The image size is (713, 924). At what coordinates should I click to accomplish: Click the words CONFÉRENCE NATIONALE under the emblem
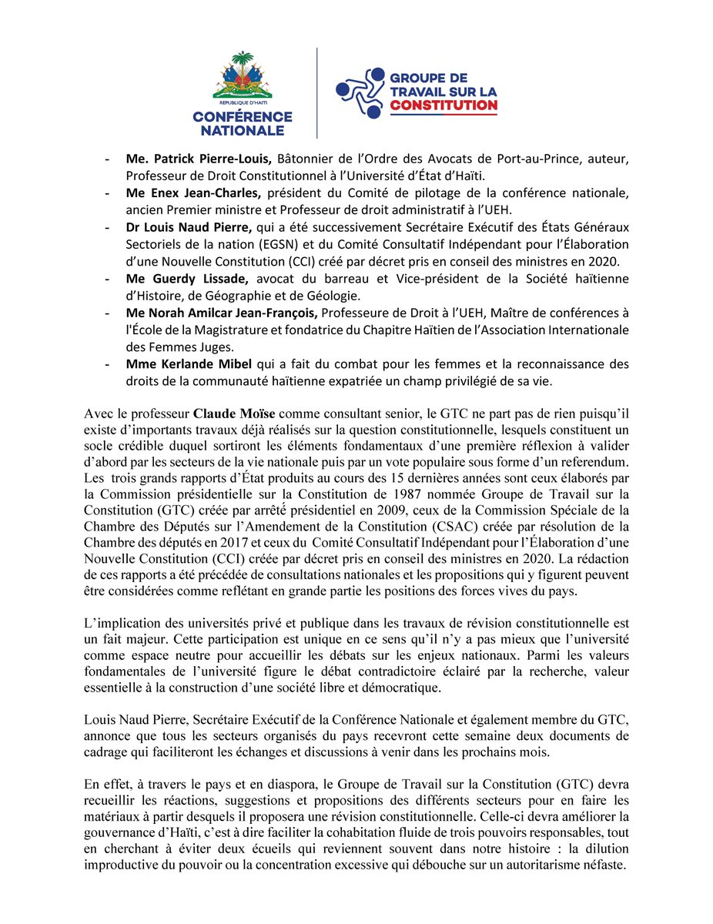point(243,124)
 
